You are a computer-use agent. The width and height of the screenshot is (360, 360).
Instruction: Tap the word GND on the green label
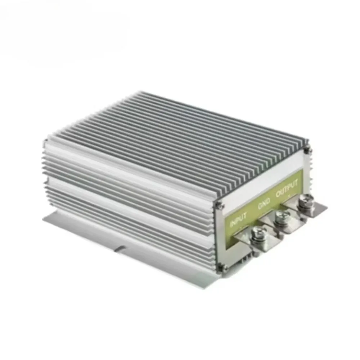(264, 204)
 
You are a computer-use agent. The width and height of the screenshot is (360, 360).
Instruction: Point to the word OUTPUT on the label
(287, 188)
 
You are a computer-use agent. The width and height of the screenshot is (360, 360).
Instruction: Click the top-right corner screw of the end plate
(306, 150)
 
